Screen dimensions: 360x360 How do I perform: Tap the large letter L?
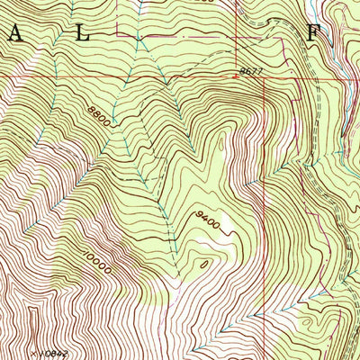point(82,34)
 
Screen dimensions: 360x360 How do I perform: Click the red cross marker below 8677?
point(236,77)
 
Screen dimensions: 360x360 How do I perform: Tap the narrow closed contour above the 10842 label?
point(34,319)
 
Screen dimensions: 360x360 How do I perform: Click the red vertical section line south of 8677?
point(263,180)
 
